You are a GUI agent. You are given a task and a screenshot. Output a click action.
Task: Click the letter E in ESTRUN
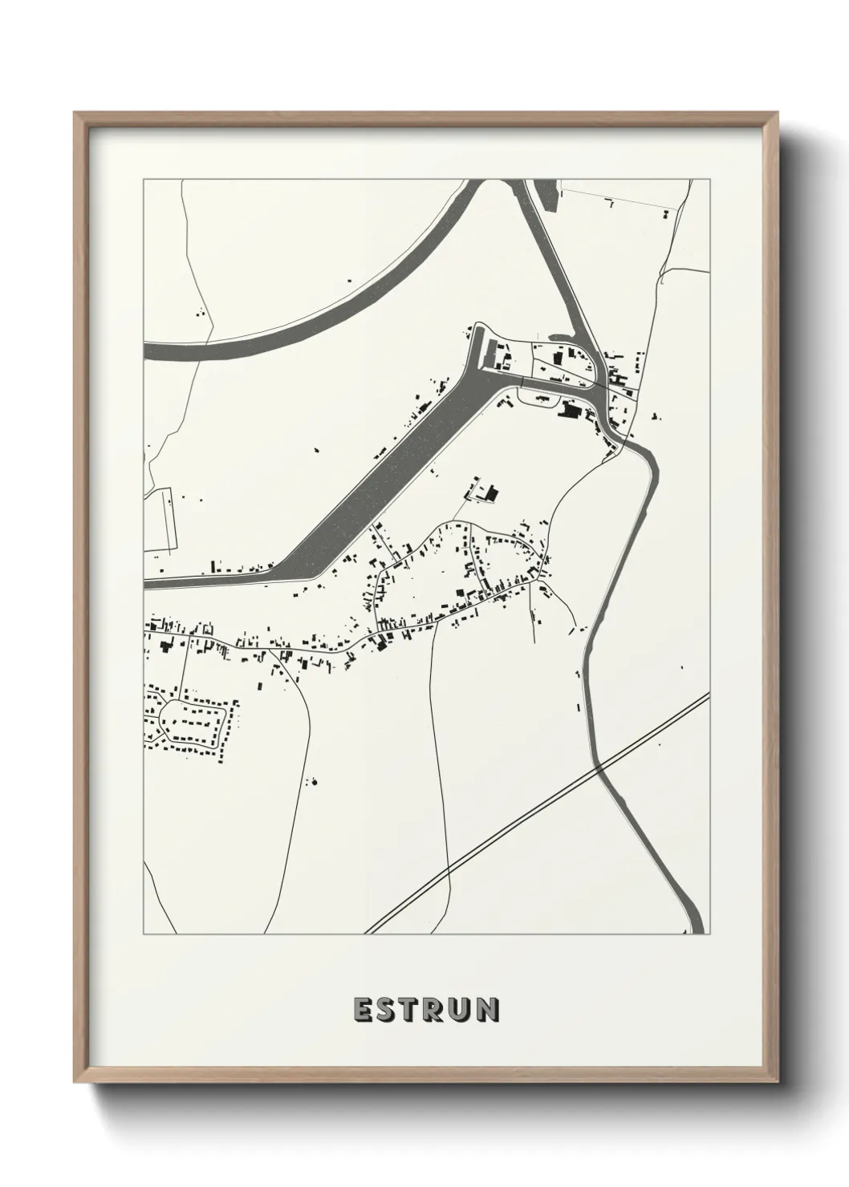pos(361,1011)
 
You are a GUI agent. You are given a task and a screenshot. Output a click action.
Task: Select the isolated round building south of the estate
pos(314,780)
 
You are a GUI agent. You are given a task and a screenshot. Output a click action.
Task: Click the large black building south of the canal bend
pos(571,411)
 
